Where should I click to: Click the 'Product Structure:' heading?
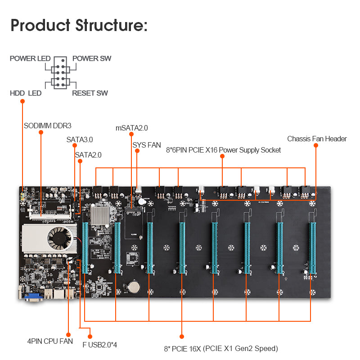[x=79, y=25]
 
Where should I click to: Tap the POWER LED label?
[x=30, y=58]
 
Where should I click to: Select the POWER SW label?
[x=92, y=58]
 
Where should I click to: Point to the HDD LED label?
[x=26, y=93]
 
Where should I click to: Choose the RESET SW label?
[x=90, y=93]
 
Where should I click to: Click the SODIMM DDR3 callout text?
[x=47, y=126]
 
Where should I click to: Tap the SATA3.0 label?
[x=80, y=140]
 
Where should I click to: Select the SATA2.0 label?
[x=88, y=155]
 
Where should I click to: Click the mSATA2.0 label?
[x=132, y=128]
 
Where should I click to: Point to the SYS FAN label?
[x=146, y=145]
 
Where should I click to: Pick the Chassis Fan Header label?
[x=317, y=139]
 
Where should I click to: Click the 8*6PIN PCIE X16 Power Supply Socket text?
[x=223, y=150]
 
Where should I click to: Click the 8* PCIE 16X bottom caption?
[x=220, y=348]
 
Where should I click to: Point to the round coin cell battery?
[x=133, y=285]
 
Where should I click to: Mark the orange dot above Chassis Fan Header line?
[x=315, y=147]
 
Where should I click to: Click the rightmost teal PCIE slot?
[x=312, y=247]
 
